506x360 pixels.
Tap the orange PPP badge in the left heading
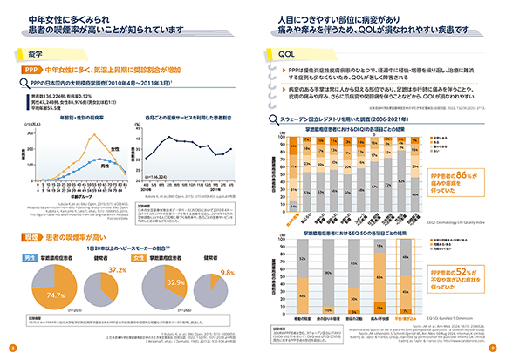[30, 68]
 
